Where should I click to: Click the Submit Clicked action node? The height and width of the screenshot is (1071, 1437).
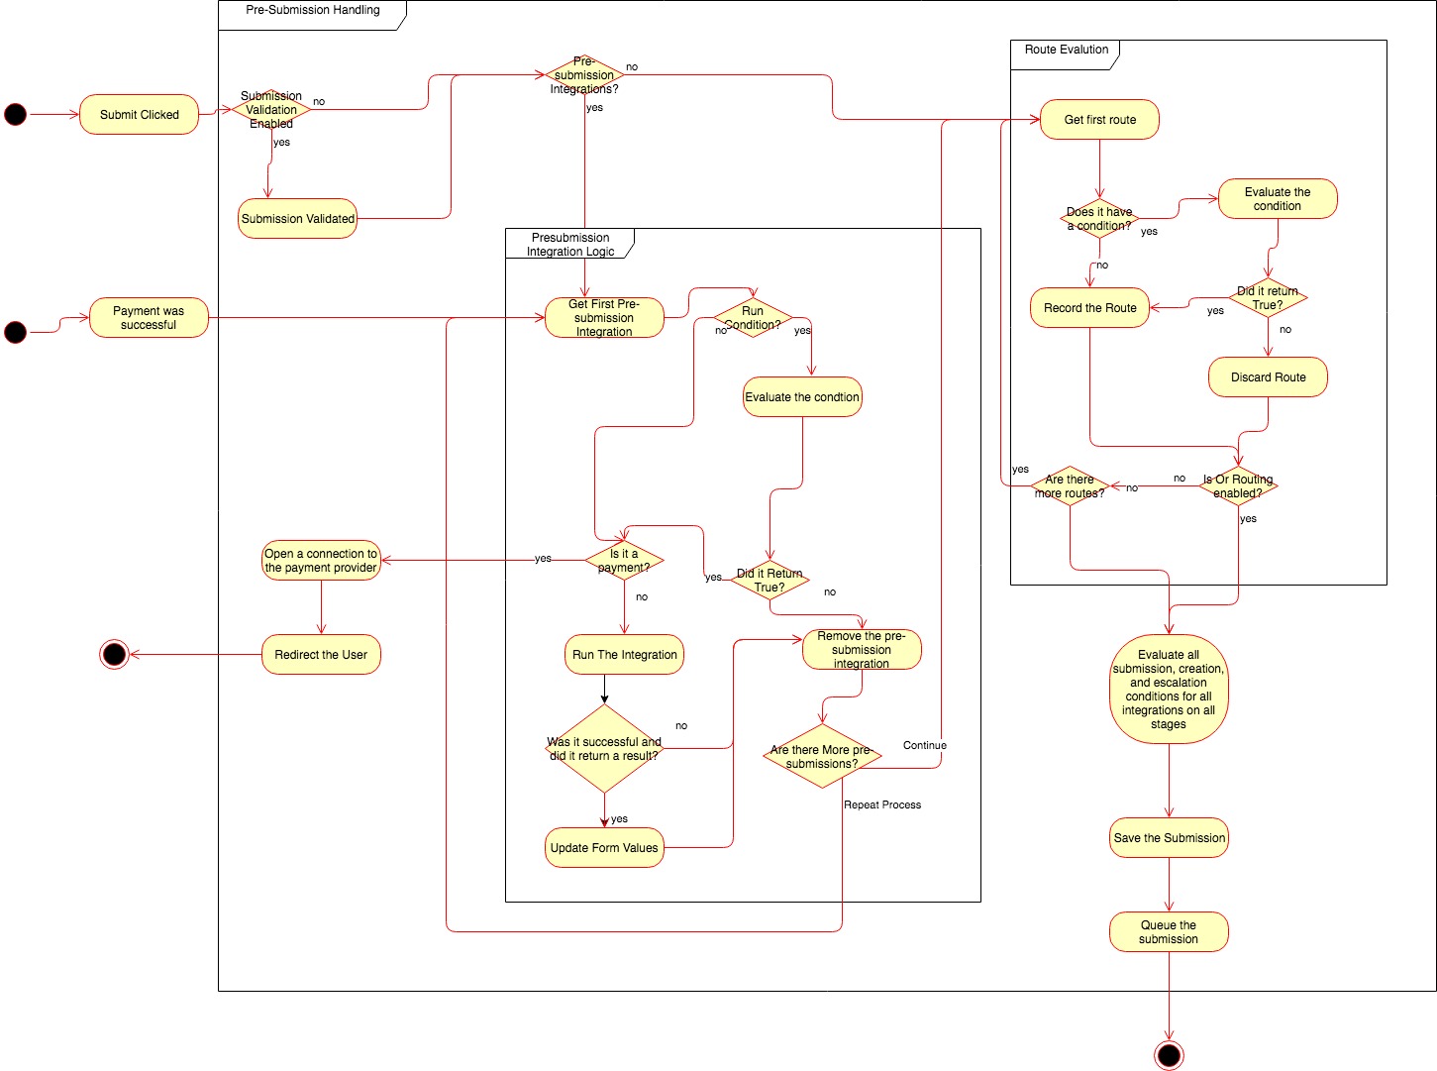[139, 115]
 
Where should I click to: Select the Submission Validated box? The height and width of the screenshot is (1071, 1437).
[297, 219]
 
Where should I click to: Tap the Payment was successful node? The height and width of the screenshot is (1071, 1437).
[149, 318]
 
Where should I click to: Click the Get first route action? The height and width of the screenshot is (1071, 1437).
[1099, 120]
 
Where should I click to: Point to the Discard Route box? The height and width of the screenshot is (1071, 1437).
[1268, 377]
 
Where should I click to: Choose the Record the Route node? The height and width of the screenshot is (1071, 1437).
[1089, 308]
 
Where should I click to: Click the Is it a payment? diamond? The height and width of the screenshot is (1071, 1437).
[624, 561]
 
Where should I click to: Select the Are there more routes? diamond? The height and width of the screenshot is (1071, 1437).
[1070, 486]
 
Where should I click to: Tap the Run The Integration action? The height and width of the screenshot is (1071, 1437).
[624, 655]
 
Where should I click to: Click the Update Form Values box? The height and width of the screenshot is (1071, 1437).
[604, 848]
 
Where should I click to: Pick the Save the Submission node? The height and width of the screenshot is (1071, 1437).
[1169, 838]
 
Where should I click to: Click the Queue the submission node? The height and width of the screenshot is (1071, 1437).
[1169, 932]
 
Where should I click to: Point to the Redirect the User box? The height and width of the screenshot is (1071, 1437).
[321, 655]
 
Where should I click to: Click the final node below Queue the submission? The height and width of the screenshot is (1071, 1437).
[1169, 1055]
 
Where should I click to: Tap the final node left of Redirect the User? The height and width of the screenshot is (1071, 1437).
[115, 654]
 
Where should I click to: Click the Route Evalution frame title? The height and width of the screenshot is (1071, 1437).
[1066, 50]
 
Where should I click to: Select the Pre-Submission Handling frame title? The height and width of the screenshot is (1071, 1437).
[313, 10]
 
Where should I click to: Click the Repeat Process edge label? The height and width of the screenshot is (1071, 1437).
[882, 804]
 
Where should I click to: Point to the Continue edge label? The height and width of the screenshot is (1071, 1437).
[924, 745]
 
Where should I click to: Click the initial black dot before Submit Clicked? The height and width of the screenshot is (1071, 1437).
[16, 115]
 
